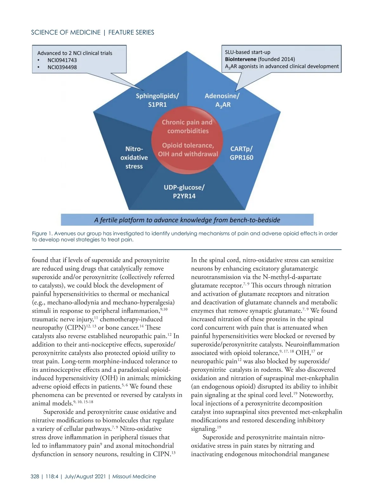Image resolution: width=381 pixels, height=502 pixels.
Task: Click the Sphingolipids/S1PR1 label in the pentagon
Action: pyautogui.click(x=157, y=100)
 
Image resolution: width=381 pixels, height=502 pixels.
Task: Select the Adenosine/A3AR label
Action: pyautogui.click(x=222, y=100)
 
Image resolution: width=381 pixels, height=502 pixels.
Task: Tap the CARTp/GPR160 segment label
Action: pyautogui.click(x=241, y=153)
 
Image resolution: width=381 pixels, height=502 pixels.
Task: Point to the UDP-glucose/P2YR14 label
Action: pyautogui.click(x=184, y=191)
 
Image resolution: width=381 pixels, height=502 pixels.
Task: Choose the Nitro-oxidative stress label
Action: pyautogui.click(x=134, y=157)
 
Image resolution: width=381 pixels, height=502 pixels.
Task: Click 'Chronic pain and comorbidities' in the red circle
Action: pyautogui.click(x=187, y=126)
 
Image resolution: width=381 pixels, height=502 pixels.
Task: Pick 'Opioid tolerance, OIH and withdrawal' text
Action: pyautogui.click(x=188, y=149)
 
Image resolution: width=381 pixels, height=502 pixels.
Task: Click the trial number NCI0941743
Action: pyautogui.click(x=62, y=60)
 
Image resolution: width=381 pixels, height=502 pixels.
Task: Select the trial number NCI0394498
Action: pyautogui.click(x=62, y=67)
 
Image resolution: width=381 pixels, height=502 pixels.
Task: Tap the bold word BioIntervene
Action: pyautogui.click(x=240, y=59)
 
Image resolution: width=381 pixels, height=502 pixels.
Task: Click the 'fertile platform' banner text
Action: pyautogui.click(x=187, y=220)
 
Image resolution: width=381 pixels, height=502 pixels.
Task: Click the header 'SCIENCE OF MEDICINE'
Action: pyautogui.click(x=66, y=32)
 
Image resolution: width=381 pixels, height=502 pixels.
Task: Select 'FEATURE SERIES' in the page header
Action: pyautogui.click(x=131, y=32)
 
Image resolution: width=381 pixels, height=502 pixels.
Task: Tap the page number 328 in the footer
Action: pyautogui.click(x=35, y=476)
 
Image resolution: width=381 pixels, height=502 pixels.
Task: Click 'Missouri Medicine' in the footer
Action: pyautogui.click(x=134, y=476)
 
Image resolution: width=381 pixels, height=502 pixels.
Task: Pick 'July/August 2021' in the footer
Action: pyautogui.click(x=85, y=476)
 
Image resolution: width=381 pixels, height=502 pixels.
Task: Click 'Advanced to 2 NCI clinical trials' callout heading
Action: pyautogui.click(x=75, y=53)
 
